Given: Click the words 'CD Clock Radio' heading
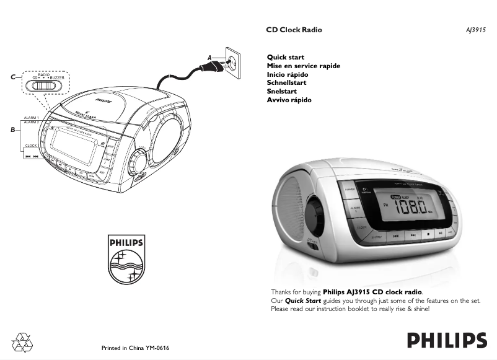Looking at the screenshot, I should pos(294,30).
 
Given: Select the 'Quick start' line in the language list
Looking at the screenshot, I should pos(285,58).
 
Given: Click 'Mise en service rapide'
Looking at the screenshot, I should pos(303,66).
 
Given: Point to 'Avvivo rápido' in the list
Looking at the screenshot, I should pos(289,100).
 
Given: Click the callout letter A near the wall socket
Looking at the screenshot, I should pos(210,58).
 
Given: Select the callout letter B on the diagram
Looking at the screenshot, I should pos(12,130).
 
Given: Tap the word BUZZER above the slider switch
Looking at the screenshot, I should pos(57,78).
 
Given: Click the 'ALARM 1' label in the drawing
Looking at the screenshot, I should pos(31,117).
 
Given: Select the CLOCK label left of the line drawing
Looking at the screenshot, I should pos(30,146).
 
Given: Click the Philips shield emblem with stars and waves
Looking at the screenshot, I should pos(126,259).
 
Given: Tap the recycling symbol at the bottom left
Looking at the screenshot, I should pos(24,341).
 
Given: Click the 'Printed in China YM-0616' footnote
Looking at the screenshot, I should pos(135,348).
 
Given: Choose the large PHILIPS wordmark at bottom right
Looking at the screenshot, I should pos(446,341).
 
